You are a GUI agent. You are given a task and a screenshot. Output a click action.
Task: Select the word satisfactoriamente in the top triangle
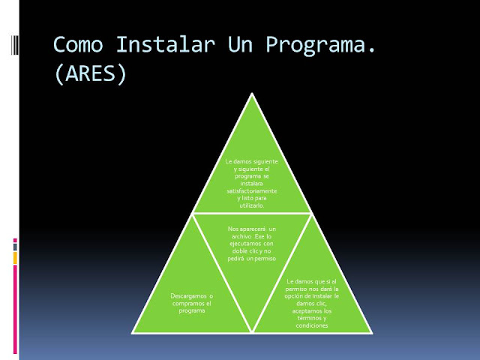251,192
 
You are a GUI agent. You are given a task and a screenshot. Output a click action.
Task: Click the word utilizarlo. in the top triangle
250,205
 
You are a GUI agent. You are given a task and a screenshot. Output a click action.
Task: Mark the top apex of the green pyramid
250,93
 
